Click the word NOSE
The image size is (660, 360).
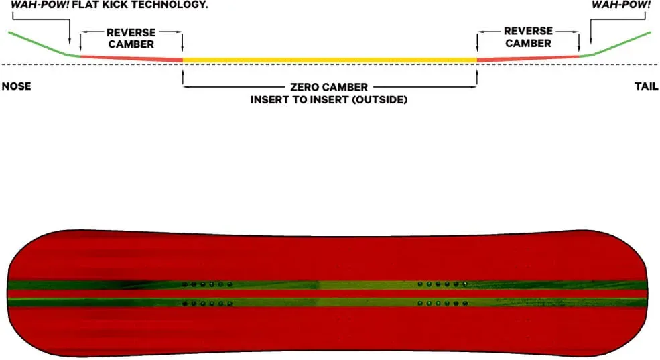tap(16, 86)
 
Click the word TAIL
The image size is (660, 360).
tap(646, 86)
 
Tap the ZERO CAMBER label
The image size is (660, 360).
tap(329, 87)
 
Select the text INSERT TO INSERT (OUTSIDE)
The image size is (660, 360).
tap(329, 100)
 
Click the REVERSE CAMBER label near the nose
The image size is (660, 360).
tap(131, 38)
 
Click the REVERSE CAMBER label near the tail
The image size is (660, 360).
tap(528, 37)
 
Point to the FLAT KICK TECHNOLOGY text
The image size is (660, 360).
tap(140, 5)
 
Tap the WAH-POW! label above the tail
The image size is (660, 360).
tap(621, 5)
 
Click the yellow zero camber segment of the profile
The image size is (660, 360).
tap(330, 60)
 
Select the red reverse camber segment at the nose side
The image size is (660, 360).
tap(131, 59)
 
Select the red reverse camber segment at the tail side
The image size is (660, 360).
tap(528, 58)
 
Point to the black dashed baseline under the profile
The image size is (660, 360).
tap(330, 64)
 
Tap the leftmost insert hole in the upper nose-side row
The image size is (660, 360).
tap(185, 285)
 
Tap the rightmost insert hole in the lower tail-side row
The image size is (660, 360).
tap(465, 303)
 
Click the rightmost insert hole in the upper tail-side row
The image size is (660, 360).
tap(465, 284)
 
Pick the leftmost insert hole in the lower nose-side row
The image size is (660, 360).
tap(185, 303)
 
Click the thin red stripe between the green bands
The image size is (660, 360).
tap(328, 294)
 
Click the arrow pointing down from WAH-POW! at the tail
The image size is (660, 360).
tap(590, 30)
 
